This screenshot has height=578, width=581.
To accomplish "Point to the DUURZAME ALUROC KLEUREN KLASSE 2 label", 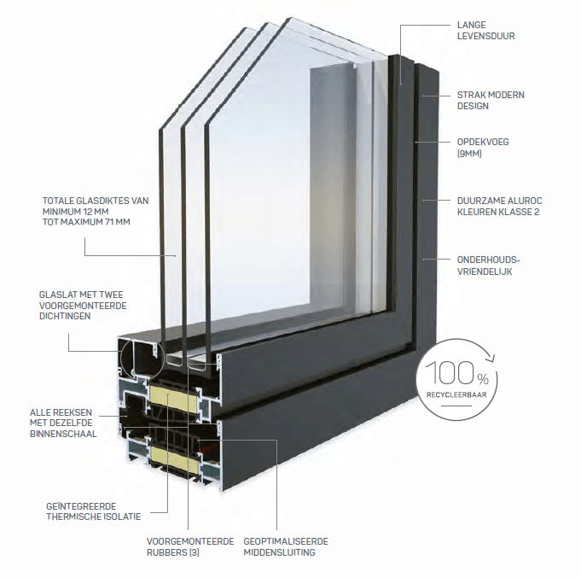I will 497,206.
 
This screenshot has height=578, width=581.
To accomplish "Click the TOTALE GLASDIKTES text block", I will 96,210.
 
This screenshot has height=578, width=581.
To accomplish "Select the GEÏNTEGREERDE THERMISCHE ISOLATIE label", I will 93,511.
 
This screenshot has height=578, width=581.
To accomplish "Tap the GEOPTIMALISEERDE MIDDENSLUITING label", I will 284,546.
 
